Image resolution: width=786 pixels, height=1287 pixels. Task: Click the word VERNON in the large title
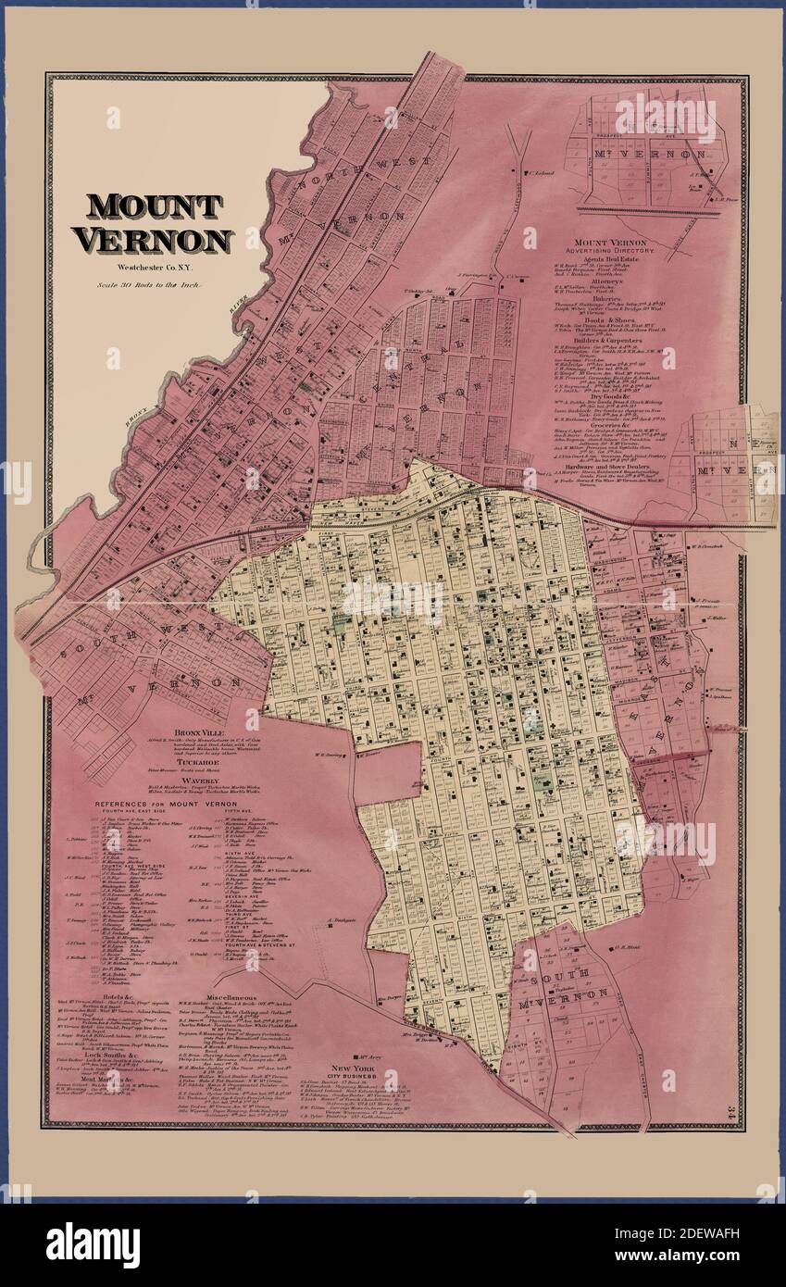point(154,241)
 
